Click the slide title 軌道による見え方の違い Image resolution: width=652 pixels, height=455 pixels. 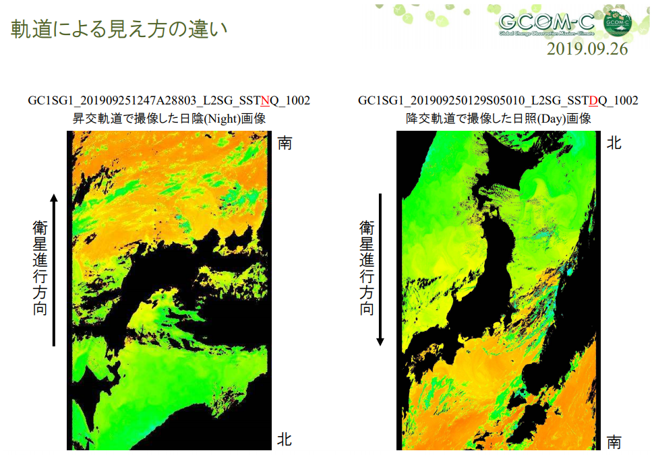[x=119, y=29]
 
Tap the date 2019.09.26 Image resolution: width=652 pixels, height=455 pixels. [x=587, y=49]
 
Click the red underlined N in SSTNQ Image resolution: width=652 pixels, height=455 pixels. [x=264, y=100]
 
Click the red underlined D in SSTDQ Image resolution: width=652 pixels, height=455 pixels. [x=593, y=100]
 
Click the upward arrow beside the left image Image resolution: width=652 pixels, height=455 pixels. [x=54, y=270]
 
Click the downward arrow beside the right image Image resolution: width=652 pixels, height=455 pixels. [x=380, y=270]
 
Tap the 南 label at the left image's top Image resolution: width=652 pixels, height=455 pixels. [x=285, y=143]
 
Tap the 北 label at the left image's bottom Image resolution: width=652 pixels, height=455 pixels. [x=285, y=439]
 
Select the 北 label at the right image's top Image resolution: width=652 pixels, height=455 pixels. [x=614, y=143]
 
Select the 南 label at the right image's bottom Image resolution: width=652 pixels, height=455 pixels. [x=614, y=442]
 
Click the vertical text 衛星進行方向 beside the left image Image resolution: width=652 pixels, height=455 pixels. [x=40, y=268]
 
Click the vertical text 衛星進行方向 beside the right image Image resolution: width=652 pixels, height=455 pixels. [x=366, y=268]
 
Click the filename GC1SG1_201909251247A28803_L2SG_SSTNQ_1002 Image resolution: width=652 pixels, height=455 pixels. [x=169, y=100]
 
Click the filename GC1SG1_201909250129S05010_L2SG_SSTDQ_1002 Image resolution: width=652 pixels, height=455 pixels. [x=498, y=100]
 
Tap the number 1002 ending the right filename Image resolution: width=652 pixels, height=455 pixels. [x=626, y=100]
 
